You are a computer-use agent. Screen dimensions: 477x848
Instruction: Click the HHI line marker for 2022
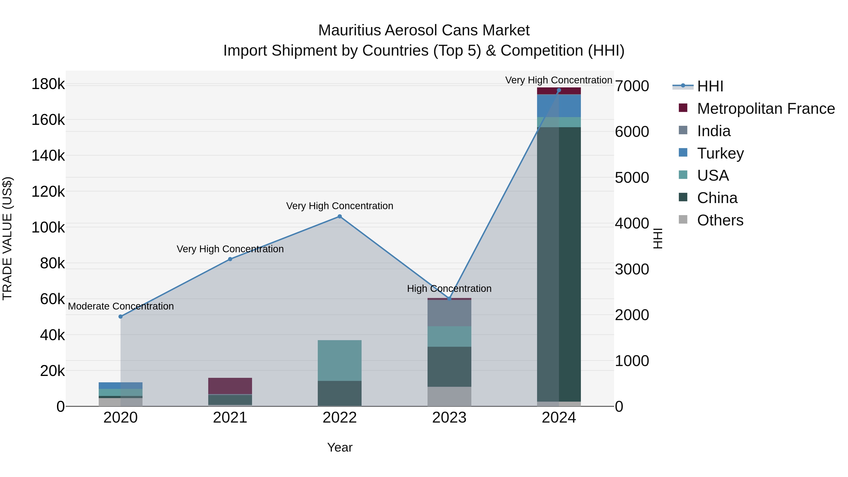tap(340, 216)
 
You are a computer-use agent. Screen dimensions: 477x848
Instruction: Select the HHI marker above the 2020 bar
tap(120, 316)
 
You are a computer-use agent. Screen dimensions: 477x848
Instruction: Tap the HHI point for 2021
tap(230, 259)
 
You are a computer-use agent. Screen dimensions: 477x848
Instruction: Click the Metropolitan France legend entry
tap(766, 109)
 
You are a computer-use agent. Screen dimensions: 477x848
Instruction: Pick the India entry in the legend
tap(714, 131)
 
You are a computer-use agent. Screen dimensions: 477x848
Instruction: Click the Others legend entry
tap(720, 220)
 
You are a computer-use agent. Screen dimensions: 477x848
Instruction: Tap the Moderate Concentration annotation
tap(121, 306)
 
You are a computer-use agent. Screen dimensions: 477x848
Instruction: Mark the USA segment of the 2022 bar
tap(340, 360)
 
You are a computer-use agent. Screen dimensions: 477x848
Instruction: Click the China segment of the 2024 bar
tap(559, 263)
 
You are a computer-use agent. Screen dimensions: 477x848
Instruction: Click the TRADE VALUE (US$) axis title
tap(7, 238)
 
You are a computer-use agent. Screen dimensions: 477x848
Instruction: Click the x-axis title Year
tap(340, 447)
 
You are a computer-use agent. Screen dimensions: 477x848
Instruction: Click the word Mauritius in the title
tap(350, 30)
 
